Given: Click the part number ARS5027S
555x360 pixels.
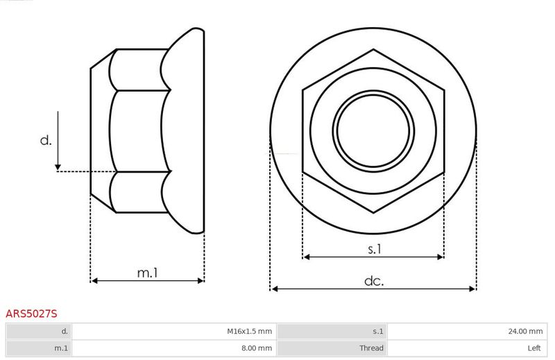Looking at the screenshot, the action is pyautogui.click(x=31, y=314).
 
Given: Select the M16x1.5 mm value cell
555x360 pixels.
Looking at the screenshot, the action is pyautogui.click(x=174, y=332).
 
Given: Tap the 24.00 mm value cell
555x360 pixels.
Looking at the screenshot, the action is pyautogui.click(x=467, y=332).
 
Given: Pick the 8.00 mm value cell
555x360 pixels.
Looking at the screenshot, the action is pyautogui.click(x=174, y=348).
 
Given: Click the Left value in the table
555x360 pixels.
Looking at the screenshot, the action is pyautogui.click(x=533, y=348).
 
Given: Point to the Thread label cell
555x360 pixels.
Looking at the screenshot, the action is pyautogui.click(x=332, y=348).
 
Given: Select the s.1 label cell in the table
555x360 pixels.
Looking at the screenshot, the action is pyautogui.click(x=332, y=332).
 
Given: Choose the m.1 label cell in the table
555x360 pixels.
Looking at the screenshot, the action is pyautogui.click(x=39, y=348).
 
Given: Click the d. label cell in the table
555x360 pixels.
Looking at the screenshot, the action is pyautogui.click(x=39, y=332).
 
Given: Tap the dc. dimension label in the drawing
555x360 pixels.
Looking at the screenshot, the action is pyautogui.click(x=374, y=281).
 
